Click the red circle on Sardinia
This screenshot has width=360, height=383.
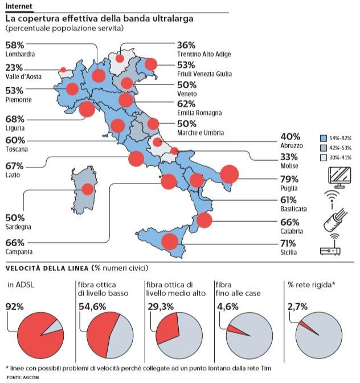[88, 190]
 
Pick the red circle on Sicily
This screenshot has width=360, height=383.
[169, 242]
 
